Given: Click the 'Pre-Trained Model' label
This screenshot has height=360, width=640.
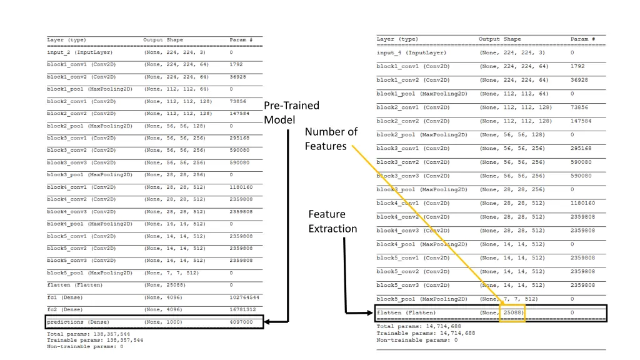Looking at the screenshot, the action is [291, 112].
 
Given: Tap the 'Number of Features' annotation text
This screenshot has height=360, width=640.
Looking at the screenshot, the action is [331, 139].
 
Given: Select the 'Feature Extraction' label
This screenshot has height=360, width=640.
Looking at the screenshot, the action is [332, 221].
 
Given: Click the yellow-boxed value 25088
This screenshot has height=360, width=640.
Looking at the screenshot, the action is [512, 312].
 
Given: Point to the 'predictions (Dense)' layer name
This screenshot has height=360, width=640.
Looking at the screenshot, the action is [78, 322].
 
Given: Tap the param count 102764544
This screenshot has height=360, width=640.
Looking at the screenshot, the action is [244, 297].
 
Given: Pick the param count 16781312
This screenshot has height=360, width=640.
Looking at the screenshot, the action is [242, 309].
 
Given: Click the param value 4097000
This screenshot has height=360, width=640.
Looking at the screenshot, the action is [241, 322].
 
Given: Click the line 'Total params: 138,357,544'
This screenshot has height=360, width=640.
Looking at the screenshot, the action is [88, 334].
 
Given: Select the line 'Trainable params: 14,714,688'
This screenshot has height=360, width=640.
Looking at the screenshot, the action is [426, 333].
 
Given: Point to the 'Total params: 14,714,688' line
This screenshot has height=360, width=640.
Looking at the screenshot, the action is [419, 326].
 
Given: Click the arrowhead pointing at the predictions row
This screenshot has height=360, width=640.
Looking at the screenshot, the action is [267, 322].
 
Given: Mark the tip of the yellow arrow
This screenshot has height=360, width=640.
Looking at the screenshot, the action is [504, 304].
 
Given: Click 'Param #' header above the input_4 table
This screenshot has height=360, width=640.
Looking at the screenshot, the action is [582, 39].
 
